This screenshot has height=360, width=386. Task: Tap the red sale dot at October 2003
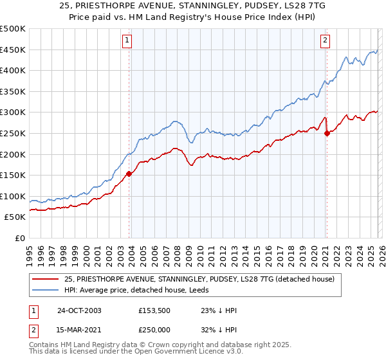[129, 173]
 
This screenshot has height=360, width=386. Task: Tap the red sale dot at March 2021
[327, 133]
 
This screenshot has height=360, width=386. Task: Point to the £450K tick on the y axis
[13, 50]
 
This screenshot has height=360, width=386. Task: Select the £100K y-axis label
[13, 196]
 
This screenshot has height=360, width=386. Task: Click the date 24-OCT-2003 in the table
[79, 310]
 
